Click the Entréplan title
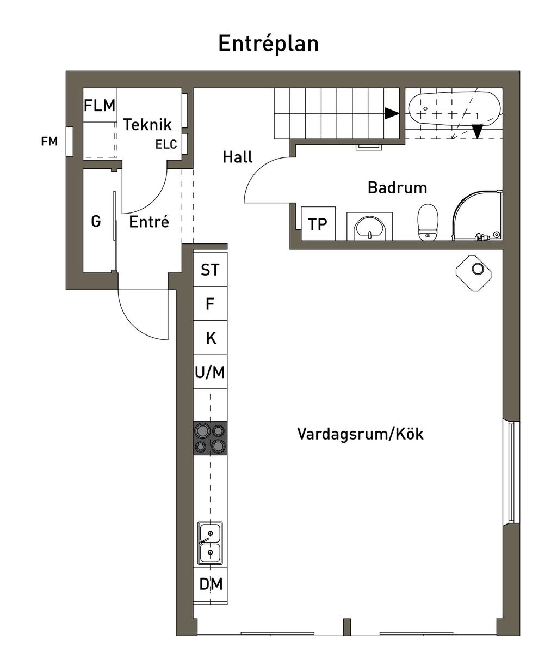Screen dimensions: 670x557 click(x=268, y=44)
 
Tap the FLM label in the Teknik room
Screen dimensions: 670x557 click(x=100, y=105)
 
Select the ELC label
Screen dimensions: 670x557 click(x=166, y=145)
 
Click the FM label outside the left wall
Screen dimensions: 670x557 click(x=49, y=142)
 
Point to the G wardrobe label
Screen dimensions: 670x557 click(x=96, y=221)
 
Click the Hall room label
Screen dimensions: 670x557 click(x=238, y=157)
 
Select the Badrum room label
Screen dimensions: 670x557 click(x=397, y=187)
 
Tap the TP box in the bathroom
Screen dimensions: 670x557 click(x=318, y=223)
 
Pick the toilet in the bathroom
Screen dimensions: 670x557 click(x=428, y=222)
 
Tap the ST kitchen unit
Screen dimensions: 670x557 click(x=210, y=270)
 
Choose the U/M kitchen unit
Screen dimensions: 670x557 click(x=210, y=373)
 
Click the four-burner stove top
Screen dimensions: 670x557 click(x=210, y=438)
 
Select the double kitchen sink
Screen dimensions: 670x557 click(x=210, y=543)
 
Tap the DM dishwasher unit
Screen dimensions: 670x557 click(x=211, y=584)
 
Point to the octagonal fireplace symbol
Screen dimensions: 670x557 click(x=477, y=270)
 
